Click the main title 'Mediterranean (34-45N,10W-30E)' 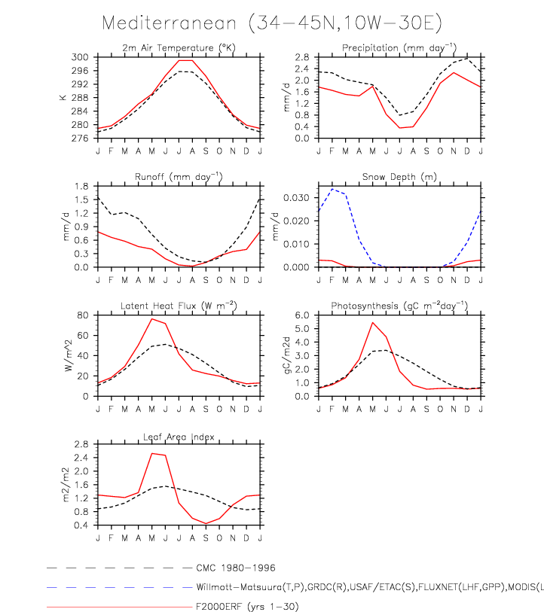[x=270, y=23]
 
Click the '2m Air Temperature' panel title [x=179, y=48]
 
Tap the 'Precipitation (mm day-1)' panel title [x=399, y=48]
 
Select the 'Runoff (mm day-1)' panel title [x=179, y=177]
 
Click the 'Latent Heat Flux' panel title [x=179, y=306]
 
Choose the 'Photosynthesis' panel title [x=399, y=306]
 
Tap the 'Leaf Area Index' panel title [x=179, y=437]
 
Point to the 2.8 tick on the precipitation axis [x=303, y=57]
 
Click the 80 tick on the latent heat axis [x=85, y=315]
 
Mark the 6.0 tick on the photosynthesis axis [x=303, y=315]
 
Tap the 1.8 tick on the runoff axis [x=84, y=186]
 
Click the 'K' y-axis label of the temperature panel [x=64, y=98]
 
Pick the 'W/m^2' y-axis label [x=67, y=355]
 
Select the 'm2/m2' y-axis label [x=67, y=485]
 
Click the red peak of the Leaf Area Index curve [x=152, y=453]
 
